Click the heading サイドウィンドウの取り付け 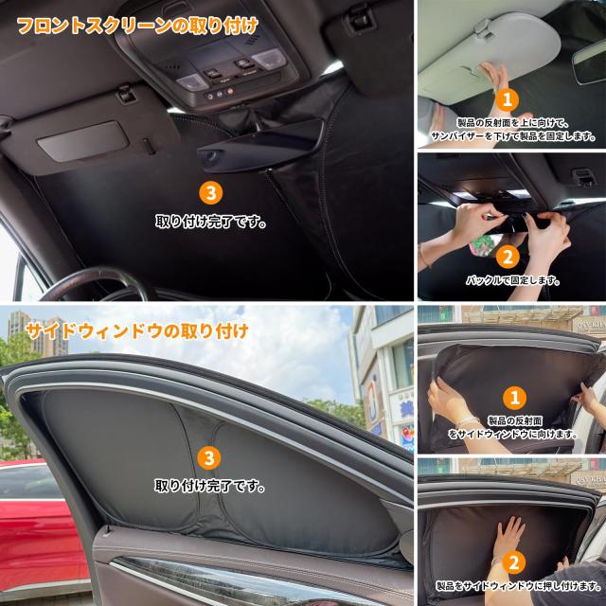point(137,331)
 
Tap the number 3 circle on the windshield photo point(211,194)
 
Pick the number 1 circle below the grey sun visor point(508,99)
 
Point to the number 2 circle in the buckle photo point(508,256)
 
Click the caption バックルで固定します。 point(512,281)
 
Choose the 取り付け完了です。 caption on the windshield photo point(210,223)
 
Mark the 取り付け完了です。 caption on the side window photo point(210,487)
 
